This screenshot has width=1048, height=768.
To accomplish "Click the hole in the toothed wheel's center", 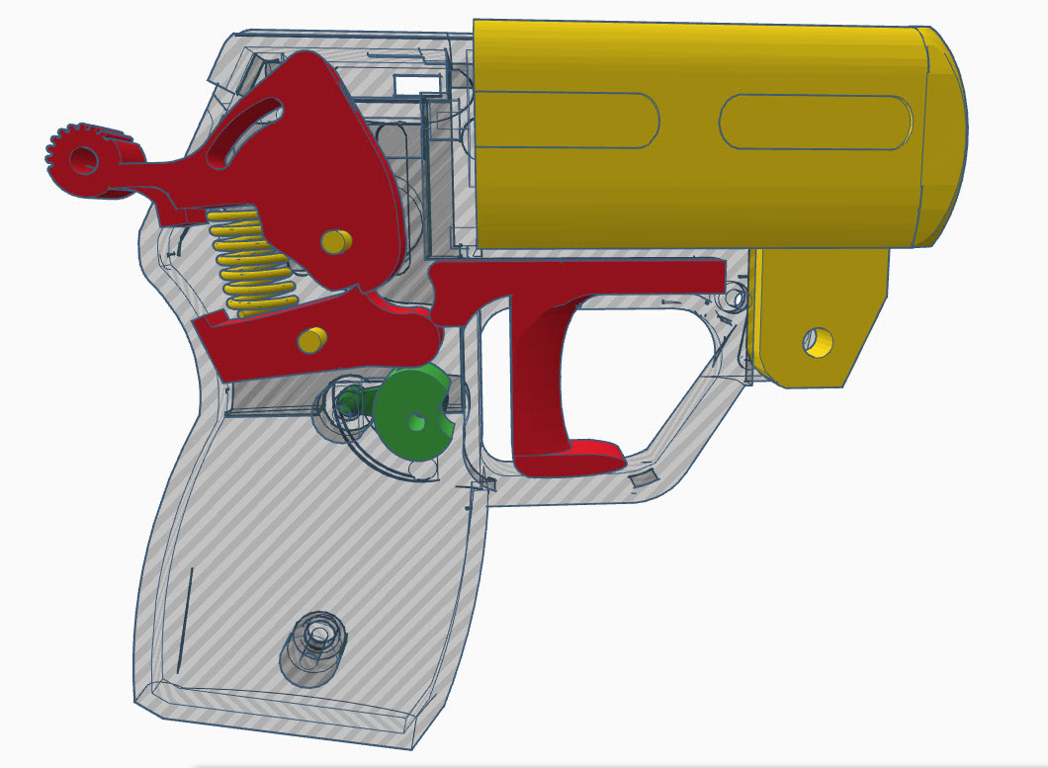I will click(x=81, y=158).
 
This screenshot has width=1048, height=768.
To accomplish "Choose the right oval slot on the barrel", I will click(x=816, y=123).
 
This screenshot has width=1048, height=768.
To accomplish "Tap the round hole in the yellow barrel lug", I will click(x=819, y=342).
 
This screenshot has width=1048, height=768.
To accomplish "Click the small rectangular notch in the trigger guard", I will click(x=644, y=479).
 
